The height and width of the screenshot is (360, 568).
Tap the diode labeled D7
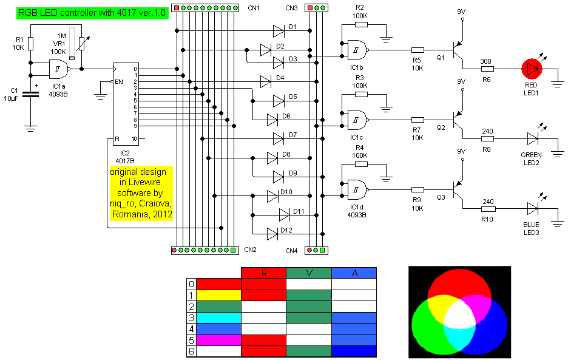tap(279, 138)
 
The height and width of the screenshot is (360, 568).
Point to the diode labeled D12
tap(272, 231)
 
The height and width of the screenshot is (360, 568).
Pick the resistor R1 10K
tap(31, 44)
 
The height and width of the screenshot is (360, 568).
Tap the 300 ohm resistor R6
tap(486, 69)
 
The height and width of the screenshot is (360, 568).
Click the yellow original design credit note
tap(141, 193)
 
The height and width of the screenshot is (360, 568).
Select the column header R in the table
tap(263, 273)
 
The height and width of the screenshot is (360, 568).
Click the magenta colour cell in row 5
tap(218, 340)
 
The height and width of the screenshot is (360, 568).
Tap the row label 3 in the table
tap(192, 318)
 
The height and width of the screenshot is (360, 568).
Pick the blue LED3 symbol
tap(533, 208)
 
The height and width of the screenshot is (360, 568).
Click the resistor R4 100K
tap(360, 164)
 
